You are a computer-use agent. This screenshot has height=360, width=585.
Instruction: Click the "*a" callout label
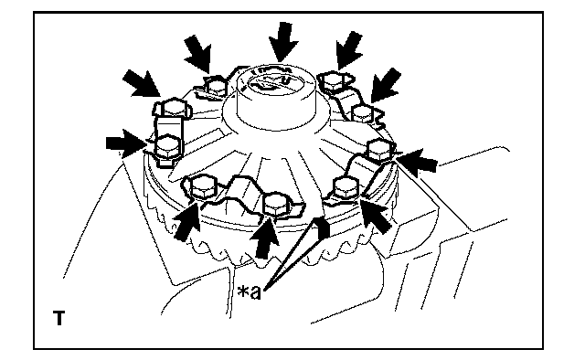[250, 292]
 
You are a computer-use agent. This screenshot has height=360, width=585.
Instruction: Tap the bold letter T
[58, 318]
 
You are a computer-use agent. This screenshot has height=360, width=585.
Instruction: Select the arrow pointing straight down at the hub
[283, 42]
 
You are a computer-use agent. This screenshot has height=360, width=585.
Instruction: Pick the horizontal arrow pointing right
[125, 143]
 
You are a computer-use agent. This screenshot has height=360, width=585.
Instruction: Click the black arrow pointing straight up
[264, 238]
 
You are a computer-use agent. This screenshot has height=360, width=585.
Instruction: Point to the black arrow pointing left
[417, 161]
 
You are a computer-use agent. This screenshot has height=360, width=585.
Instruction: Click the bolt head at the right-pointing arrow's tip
[166, 148]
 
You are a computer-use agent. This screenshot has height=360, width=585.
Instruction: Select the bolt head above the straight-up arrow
[275, 205]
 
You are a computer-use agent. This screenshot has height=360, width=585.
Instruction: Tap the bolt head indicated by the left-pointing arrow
[379, 150]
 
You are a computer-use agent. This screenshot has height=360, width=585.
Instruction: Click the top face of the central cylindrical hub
[276, 83]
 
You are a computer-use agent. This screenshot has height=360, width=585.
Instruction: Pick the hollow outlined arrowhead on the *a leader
[321, 226]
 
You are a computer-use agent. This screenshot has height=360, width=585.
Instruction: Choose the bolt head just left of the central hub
[217, 87]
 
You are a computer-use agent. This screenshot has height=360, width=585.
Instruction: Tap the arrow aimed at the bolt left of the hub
[198, 53]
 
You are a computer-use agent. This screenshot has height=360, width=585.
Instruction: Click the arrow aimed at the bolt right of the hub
[348, 50]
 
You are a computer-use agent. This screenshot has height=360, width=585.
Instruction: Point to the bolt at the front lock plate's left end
[203, 187]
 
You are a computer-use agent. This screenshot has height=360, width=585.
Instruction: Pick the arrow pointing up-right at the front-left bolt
[186, 222]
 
